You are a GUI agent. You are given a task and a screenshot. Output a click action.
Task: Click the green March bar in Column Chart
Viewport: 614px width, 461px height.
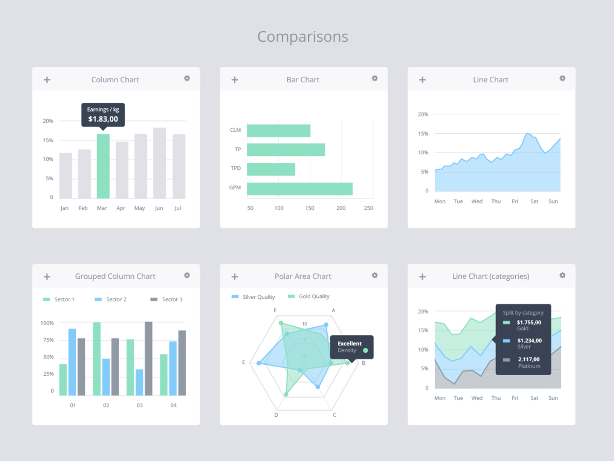[103, 166]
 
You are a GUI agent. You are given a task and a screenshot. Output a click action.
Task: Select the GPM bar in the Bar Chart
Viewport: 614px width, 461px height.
[300, 189]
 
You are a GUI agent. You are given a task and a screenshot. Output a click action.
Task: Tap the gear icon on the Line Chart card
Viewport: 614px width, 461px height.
[562, 79]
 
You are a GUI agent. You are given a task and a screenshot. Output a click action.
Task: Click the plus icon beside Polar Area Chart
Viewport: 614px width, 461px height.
[235, 277]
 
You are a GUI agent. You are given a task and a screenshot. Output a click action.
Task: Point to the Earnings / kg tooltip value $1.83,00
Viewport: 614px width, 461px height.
[103, 119]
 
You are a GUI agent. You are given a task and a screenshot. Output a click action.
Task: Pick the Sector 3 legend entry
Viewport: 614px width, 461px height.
[167, 300]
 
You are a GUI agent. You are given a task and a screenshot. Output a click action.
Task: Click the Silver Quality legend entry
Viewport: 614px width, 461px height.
[253, 297]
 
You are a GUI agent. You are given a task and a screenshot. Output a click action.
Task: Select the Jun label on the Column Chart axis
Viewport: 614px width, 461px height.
[159, 208]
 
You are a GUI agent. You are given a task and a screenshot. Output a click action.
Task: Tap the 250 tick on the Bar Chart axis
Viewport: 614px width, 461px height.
[368, 208]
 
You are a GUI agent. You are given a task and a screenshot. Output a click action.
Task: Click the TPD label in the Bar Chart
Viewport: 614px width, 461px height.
[236, 168]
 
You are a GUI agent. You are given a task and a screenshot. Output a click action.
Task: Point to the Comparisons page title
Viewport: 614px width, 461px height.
[302, 37]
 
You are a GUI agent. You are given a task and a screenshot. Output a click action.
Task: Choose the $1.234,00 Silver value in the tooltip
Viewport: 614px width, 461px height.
[529, 341]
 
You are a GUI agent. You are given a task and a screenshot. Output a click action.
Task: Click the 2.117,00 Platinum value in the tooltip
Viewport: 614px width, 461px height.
[529, 359]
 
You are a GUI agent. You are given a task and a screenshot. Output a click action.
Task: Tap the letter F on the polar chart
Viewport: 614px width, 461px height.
[275, 310]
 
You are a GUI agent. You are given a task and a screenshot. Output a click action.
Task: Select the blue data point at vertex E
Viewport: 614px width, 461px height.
[259, 363]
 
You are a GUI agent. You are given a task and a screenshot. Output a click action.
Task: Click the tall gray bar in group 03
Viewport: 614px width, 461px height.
[149, 359]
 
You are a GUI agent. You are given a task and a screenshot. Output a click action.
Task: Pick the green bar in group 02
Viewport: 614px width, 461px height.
[97, 359]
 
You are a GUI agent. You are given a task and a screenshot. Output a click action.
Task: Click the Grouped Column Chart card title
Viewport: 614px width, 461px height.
[115, 277]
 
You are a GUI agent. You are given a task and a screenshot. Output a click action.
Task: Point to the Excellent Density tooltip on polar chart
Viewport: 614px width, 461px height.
[351, 347]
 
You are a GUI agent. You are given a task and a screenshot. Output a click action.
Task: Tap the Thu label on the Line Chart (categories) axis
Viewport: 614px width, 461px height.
[496, 398]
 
